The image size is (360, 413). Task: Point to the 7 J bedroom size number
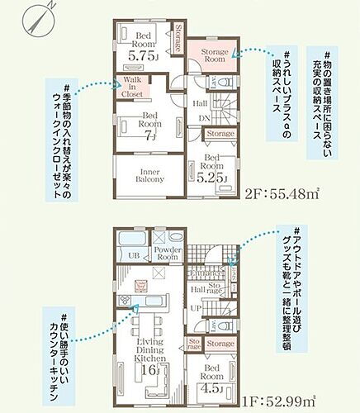coord(150,137)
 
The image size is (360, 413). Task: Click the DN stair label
coord(204,117)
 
